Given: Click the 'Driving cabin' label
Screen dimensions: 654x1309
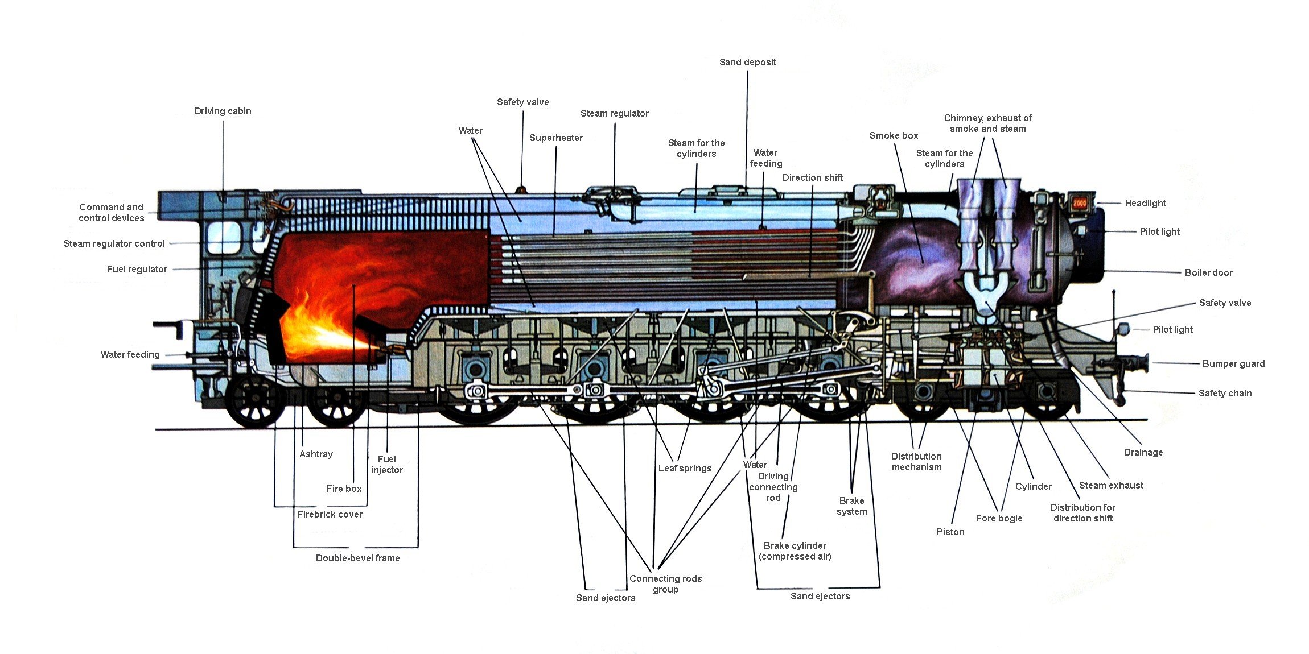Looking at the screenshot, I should coord(223,111).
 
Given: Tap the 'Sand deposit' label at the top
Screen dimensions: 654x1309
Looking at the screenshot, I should coord(747,63).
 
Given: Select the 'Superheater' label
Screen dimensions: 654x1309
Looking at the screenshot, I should coord(555,138).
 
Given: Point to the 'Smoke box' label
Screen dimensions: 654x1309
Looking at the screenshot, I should coord(894,136).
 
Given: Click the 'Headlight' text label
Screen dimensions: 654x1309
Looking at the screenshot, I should coord(1145,204).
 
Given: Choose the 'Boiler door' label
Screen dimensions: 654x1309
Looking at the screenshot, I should coord(1208,273).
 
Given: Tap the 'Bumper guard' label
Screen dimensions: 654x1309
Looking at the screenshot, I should coord(1233,364).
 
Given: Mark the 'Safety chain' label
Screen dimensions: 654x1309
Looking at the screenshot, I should coord(1225,394).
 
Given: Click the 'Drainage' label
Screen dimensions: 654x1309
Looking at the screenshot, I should coord(1143,453).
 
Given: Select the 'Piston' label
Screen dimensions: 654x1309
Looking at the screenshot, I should coord(950,532).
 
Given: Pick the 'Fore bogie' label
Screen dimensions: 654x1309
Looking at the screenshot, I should coord(999,519).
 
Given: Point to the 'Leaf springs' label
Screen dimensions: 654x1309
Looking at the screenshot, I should coord(685,469).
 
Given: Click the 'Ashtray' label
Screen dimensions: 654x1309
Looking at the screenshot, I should coord(316,454).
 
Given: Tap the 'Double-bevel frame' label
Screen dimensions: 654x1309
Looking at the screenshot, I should coord(357,558).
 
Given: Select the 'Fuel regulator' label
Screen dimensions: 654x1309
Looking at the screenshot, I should coord(137,270).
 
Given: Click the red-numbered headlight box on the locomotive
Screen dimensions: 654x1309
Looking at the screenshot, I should coord(1080,203).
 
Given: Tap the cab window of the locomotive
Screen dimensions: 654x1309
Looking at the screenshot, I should coord(223,238).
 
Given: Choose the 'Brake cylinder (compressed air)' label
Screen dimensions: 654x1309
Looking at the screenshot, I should coord(795,551).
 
